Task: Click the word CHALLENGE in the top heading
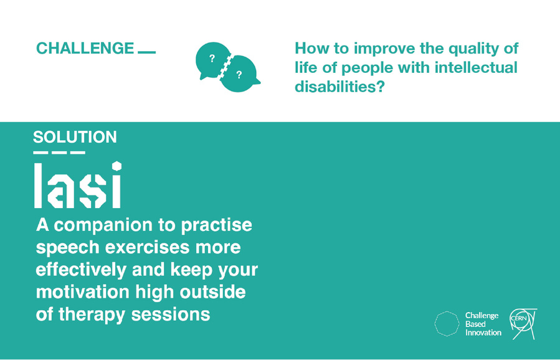click(x=85, y=48)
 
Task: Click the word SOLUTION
click(x=75, y=137)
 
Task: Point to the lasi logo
click(x=77, y=185)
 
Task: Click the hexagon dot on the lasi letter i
click(x=116, y=166)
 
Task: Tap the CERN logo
click(x=523, y=324)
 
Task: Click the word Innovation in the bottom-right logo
click(x=483, y=333)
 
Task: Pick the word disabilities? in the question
click(x=339, y=87)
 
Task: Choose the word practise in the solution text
click(x=216, y=225)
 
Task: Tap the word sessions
click(x=171, y=315)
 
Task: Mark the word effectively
click(x=81, y=270)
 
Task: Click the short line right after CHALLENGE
click(x=147, y=52)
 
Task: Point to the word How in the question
click(x=310, y=48)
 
